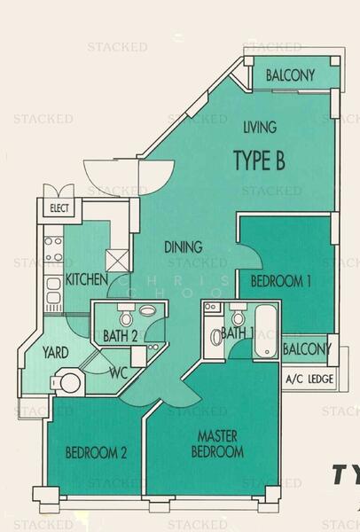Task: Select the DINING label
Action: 183,247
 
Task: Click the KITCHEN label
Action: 87,280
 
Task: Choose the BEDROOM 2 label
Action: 97,452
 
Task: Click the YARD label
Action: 56,352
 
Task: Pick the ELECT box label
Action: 59,210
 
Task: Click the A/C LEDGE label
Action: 308,382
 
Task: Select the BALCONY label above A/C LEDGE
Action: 306,349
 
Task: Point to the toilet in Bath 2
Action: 127,317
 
